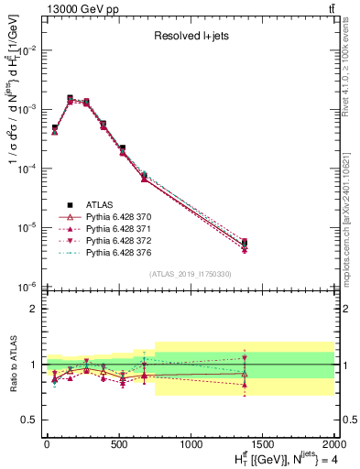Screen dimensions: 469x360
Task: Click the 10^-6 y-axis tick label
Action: (28, 287)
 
